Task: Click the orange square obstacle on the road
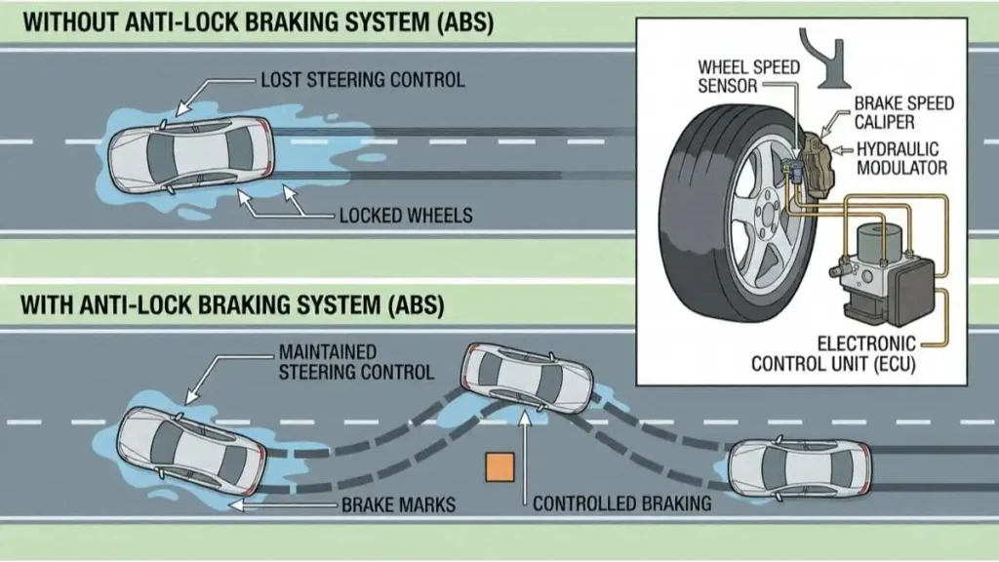(x=499, y=467)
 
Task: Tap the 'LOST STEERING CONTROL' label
(x=363, y=79)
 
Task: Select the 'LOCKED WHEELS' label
(x=405, y=214)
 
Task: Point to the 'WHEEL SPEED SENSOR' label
(x=748, y=77)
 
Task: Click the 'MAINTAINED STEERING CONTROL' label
(x=356, y=361)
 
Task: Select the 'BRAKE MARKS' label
(x=398, y=504)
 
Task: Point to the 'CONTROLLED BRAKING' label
(x=621, y=504)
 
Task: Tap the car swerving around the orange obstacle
(x=527, y=380)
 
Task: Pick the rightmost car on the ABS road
(x=800, y=465)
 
